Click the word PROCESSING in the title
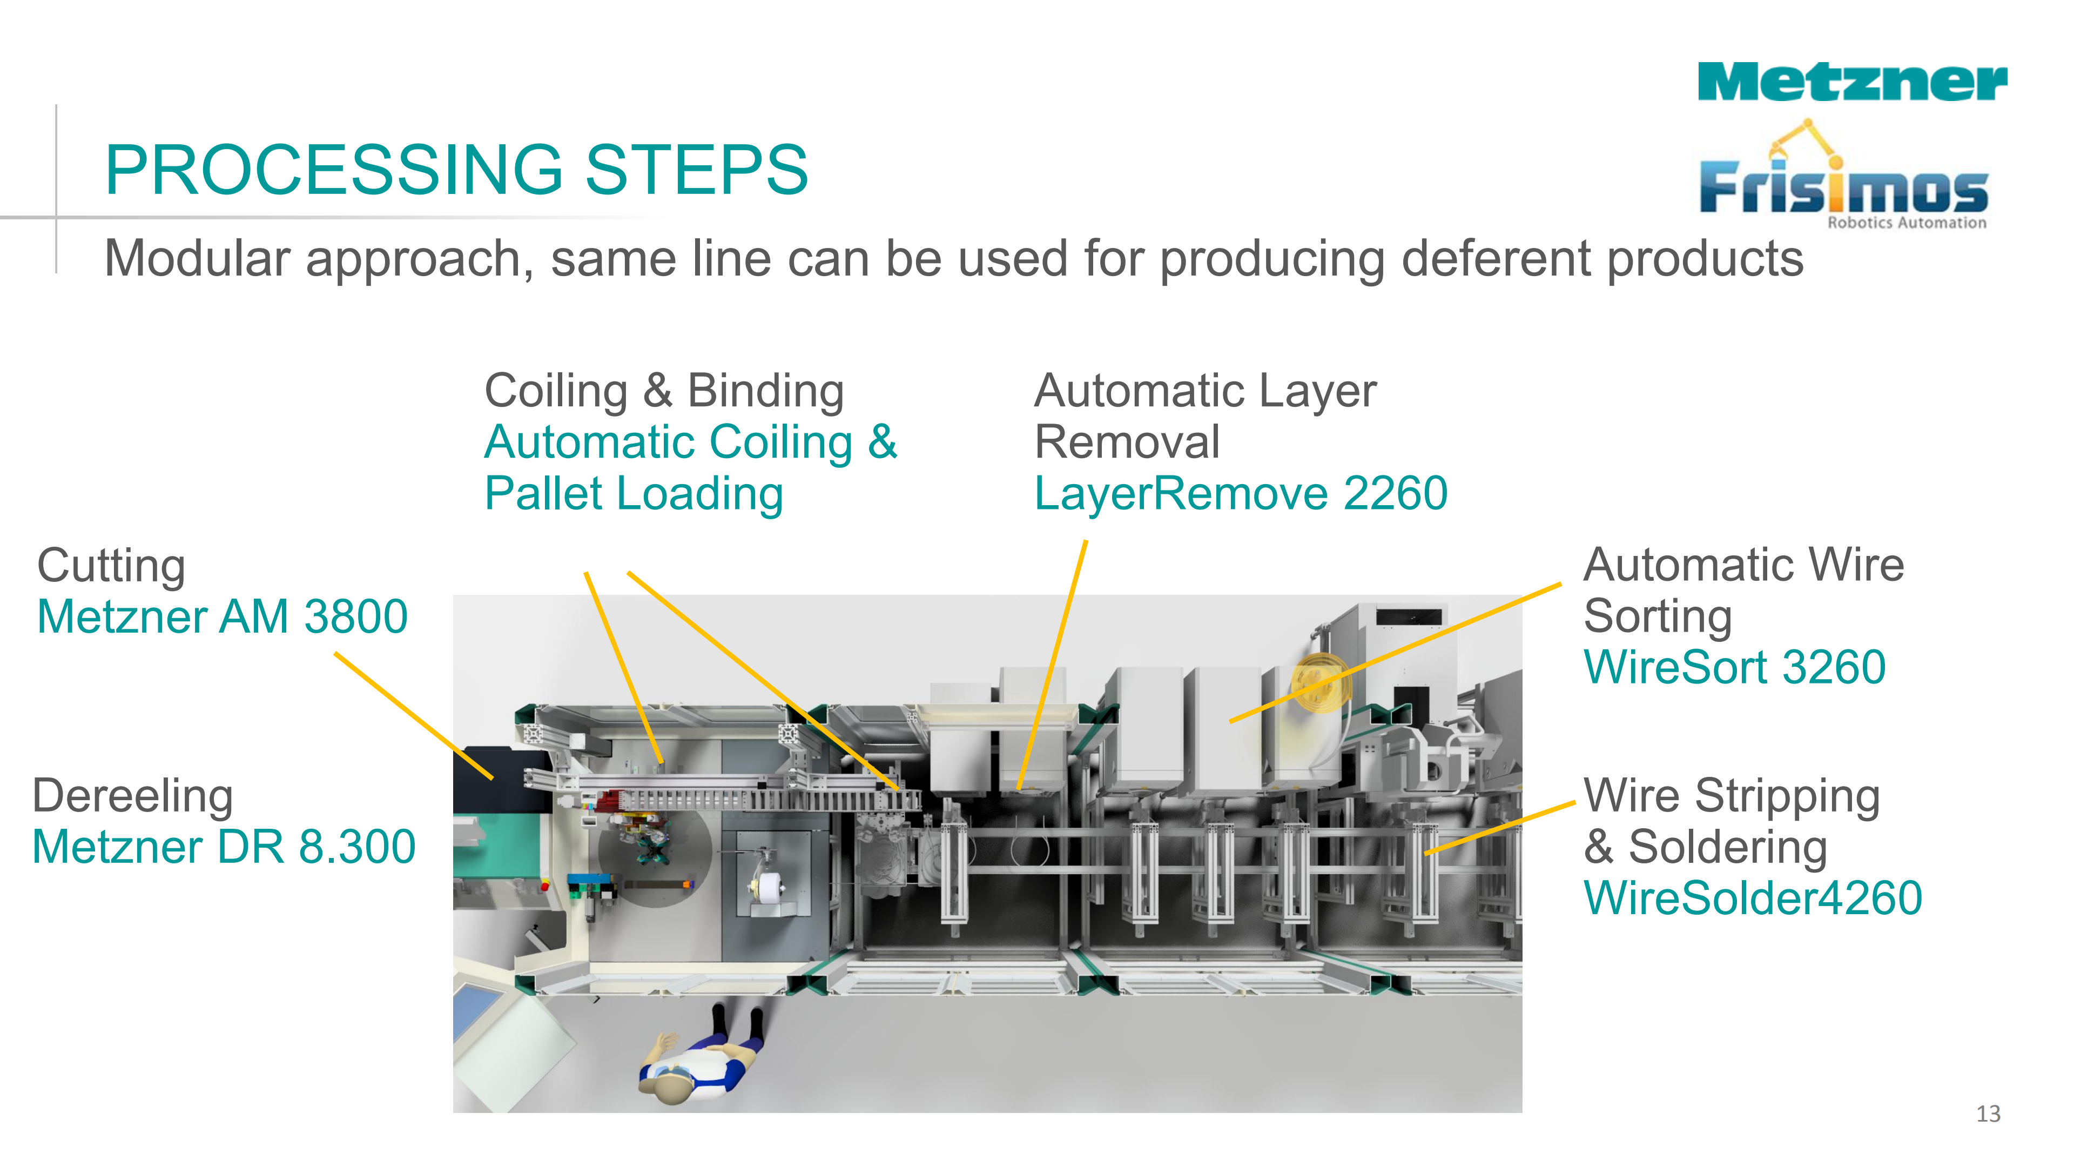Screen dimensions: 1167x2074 coord(334,170)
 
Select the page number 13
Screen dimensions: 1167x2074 coord(1988,1114)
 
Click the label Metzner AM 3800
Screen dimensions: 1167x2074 coord(222,617)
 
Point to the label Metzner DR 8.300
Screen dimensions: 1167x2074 coord(224,847)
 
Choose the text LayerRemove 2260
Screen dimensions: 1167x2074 coord(1241,494)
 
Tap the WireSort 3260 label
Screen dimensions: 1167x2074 coord(1734,668)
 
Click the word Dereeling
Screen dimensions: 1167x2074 coord(133,796)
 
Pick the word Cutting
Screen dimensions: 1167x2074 coord(111,565)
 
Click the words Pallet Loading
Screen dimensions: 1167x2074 coord(634,494)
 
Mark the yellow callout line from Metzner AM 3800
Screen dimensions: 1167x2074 coord(412,715)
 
